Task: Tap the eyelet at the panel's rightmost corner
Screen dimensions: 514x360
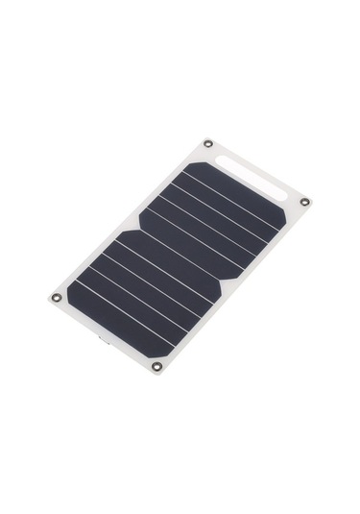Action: (305, 202)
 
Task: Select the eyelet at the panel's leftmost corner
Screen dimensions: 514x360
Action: (56, 297)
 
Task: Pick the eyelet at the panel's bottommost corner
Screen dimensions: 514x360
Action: (156, 366)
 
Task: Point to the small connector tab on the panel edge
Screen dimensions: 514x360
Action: (98, 337)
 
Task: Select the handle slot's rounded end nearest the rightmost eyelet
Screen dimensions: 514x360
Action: (284, 197)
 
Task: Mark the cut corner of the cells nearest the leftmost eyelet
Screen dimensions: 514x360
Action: (77, 284)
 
